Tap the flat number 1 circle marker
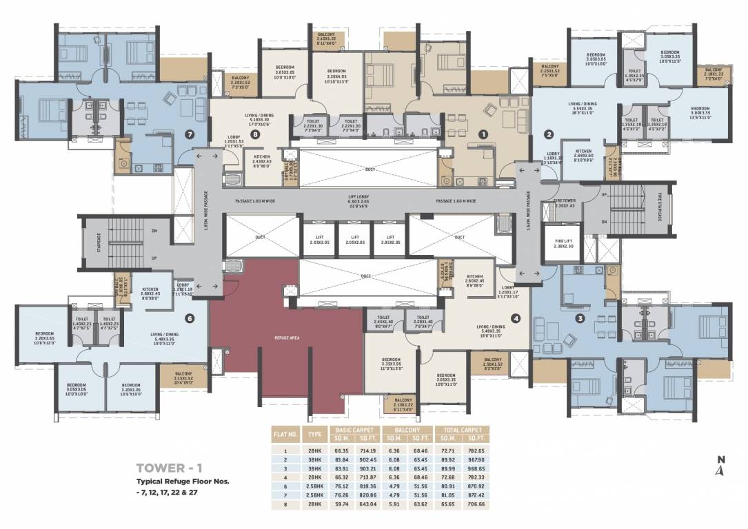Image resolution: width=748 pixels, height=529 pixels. (483, 135)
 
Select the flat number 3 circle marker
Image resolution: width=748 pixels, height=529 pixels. (580, 318)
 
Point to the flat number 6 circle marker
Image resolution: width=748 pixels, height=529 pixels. (190, 318)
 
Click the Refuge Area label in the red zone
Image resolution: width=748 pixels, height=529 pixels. (287, 338)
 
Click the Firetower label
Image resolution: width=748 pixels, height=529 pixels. (564, 203)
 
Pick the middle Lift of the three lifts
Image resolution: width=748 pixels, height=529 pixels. (355, 239)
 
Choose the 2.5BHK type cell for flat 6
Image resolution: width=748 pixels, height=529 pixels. (315, 486)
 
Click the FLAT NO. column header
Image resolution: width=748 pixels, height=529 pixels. (285, 435)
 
